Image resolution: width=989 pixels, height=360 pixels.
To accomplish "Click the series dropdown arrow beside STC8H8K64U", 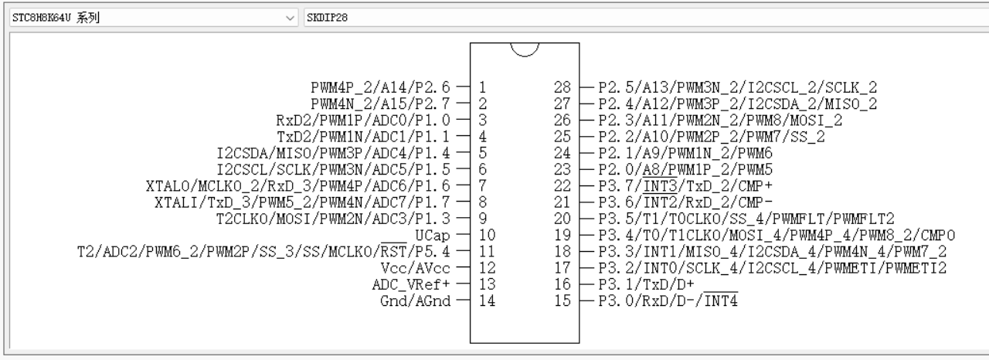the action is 290,18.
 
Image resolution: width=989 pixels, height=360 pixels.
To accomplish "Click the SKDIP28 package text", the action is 327,18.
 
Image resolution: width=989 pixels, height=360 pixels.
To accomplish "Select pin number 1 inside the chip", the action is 483,87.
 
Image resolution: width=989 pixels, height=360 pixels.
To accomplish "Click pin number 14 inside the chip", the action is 487,301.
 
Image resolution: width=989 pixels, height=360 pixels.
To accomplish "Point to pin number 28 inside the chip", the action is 562,87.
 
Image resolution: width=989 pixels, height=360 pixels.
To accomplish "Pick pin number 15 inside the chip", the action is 562,301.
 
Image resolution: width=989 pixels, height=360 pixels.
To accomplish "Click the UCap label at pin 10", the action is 432,236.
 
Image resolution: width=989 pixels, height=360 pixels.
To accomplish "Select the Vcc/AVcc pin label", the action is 415,268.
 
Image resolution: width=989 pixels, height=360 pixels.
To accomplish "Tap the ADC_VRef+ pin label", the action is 410,284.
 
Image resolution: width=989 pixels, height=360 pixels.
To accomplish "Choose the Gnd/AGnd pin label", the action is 415,301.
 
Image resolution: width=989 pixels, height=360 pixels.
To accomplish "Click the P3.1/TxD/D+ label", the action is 646,284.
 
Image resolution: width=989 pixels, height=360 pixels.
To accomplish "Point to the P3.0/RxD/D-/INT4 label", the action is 668,301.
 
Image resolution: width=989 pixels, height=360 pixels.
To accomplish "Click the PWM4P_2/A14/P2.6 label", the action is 380,87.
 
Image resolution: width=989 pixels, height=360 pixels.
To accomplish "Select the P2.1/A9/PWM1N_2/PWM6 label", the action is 685,153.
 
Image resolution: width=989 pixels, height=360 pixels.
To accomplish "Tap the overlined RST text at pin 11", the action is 393,251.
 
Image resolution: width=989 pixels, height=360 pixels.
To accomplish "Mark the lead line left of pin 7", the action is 463,185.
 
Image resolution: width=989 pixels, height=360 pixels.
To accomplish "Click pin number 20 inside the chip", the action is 562,219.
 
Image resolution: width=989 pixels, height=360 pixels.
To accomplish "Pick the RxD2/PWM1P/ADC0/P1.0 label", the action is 363,120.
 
